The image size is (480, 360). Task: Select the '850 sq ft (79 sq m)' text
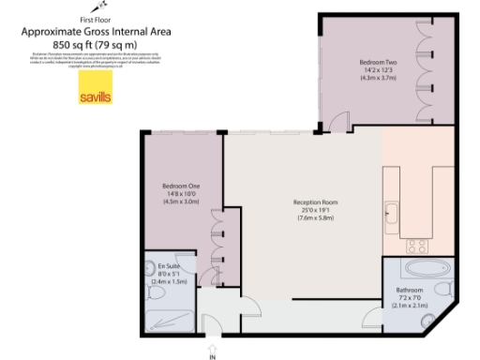point(95,43)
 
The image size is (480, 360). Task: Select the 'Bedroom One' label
point(182,186)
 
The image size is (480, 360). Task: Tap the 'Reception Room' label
point(316,202)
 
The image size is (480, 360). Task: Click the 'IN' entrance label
point(213,355)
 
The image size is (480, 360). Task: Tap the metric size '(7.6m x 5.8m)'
point(316,218)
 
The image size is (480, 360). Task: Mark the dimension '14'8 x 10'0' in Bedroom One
point(182,194)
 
